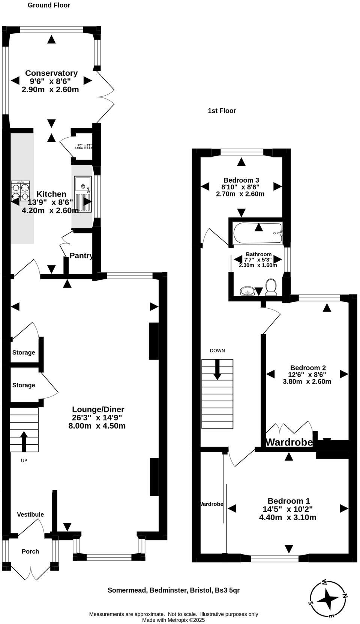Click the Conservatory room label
51,73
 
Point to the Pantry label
81,256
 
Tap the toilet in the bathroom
271,286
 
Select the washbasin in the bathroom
247,291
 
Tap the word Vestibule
30,514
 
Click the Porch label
30,551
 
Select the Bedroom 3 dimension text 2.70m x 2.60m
240,194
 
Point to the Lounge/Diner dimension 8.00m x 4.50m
97,426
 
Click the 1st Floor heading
222,111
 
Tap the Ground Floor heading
49,5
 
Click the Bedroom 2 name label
307,368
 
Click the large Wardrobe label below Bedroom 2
289,442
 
